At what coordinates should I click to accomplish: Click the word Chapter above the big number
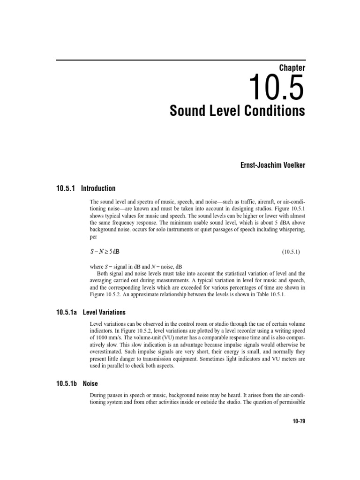click(x=292, y=68)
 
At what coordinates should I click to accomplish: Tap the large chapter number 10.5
click(x=276, y=88)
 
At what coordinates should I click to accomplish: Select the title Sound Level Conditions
click(x=237, y=112)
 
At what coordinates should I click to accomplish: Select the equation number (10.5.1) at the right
click(x=291, y=252)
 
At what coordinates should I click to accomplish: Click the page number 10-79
click(x=298, y=421)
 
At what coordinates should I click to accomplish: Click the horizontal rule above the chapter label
click(x=180, y=60)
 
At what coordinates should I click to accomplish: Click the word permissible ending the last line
click(x=290, y=403)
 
